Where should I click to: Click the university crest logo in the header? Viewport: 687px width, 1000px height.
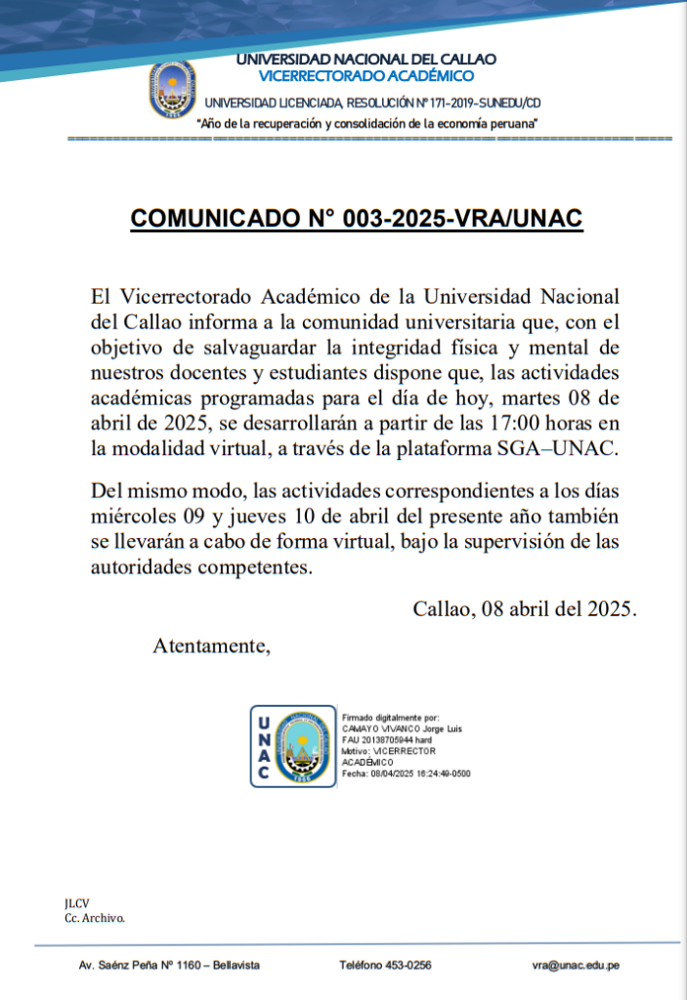(x=172, y=89)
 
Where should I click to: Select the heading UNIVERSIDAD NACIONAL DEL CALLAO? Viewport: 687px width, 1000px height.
(x=366, y=60)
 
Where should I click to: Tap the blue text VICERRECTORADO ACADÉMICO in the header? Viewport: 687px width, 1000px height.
(x=366, y=76)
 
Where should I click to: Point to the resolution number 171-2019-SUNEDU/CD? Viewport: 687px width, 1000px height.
(x=479, y=103)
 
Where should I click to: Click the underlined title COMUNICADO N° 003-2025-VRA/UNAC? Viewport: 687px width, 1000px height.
(x=357, y=219)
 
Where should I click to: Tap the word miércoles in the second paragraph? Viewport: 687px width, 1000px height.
(x=132, y=516)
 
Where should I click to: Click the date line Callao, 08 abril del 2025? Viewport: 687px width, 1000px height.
(x=525, y=608)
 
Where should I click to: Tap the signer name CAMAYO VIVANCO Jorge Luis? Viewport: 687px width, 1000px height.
(x=401, y=729)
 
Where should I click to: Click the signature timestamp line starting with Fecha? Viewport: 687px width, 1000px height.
(x=407, y=773)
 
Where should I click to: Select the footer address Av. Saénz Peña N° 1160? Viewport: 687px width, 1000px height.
(x=169, y=965)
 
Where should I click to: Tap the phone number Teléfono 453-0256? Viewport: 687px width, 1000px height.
(x=385, y=965)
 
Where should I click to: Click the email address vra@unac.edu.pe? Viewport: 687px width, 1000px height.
(x=576, y=965)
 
